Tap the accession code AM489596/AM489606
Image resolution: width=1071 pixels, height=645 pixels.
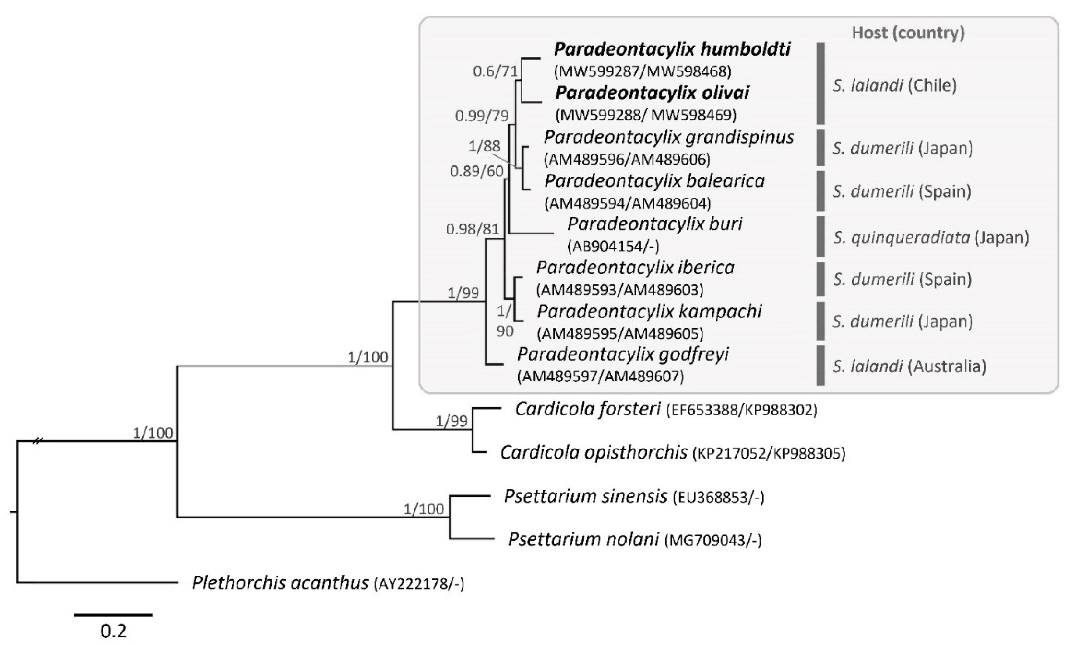(x=627, y=160)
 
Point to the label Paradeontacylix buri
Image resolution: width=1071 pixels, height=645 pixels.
(x=655, y=224)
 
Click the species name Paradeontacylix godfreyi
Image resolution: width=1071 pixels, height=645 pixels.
(x=622, y=355)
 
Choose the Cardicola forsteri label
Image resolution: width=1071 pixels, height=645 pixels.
(x=588, y=409)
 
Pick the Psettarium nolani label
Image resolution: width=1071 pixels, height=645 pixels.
(x=584, y=539)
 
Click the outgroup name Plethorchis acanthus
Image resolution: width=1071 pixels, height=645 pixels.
(x=280, y=583)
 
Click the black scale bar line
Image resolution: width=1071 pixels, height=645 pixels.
(x=113, y=615)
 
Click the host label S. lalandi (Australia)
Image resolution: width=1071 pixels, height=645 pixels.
(x=909, y=367)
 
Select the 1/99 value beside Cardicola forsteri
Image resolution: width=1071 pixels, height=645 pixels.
(x=452, y=421)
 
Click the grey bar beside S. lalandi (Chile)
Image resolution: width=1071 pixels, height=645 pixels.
(x=820, y=83)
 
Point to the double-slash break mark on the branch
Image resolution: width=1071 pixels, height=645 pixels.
(x=38, y=441)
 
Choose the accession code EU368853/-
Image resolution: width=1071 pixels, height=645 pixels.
(x=718, y=497)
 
